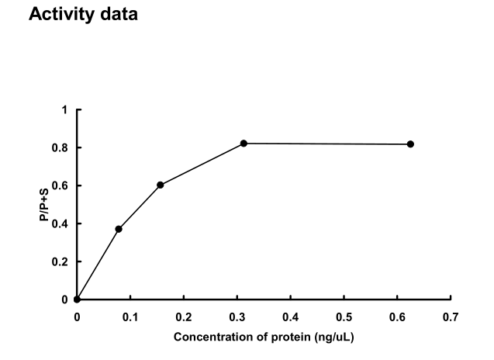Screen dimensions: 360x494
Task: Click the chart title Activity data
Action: (x=83, y=15)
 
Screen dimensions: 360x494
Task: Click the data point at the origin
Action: (x=77, y=299)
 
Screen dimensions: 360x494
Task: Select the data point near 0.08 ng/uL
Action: (x=119, y=229)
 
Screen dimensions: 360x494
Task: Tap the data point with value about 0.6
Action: (x=161, y=185)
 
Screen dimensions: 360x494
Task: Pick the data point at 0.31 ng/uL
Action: (x=244, y=144)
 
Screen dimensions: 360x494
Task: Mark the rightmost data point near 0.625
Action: (x=410, y=144)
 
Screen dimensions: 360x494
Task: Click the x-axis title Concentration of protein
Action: (x=264, y=337)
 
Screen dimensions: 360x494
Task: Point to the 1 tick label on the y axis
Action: (x=65, y=110)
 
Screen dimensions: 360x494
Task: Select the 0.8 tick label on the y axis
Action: (x=62, y=148)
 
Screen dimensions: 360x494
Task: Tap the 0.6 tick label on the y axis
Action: (x=62, y=186)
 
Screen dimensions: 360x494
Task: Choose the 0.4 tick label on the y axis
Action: (x=62, y=224)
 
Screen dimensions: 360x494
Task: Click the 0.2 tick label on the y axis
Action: (x=62, y=262)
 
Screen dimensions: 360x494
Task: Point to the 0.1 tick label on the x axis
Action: (x=130, y=317)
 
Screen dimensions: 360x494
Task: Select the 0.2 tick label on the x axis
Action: (x=184, y=317)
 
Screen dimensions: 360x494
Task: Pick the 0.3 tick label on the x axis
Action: (x=237, y=317)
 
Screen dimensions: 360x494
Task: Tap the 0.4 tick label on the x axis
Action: (x=291, y=317)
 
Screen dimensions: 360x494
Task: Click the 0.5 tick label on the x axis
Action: (x=344, y=317)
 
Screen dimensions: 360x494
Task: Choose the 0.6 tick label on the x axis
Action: (x=398, y=317)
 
